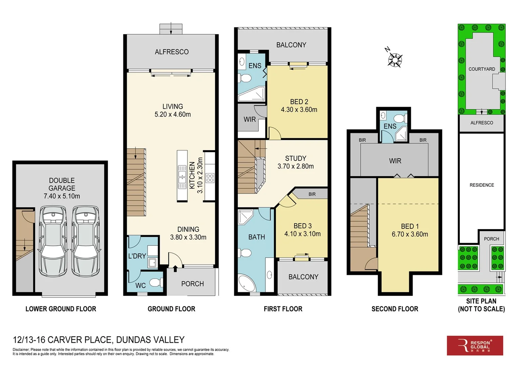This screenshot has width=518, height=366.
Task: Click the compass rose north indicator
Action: click(395, 60)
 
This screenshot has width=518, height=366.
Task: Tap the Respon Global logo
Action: click(475, 345)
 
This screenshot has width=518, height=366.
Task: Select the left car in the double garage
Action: click(53, 241)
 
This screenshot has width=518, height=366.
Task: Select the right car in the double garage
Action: click(86, 241)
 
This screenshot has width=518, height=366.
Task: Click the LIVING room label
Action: click(173, 106)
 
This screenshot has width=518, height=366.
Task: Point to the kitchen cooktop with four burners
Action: click(210, 178)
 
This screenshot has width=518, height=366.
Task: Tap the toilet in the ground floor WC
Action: click(156, 282)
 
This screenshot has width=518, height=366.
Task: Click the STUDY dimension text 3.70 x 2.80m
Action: click(296, 166)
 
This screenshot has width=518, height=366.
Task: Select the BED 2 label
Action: click(299, 102)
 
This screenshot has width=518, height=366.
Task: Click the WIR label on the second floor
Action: click(395, 161)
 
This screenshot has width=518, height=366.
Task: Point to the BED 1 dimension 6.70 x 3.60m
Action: click(410, 234)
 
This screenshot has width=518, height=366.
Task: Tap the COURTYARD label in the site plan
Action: click(481, 69)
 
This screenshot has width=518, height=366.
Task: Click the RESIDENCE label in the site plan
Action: click(481, 185)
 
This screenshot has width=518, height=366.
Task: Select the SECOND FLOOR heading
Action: click(395, 309)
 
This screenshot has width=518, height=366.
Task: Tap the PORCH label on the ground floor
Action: click(192, 284)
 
